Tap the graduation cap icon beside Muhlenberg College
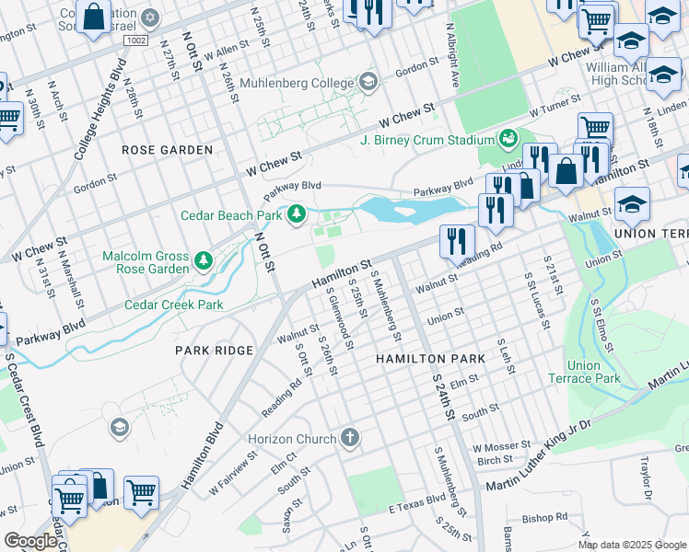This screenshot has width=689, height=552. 368,83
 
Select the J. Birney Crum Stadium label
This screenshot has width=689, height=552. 427,140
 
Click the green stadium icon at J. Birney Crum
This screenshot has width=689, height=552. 508,139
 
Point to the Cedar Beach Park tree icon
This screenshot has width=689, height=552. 297,215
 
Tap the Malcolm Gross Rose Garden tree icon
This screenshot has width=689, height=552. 204,262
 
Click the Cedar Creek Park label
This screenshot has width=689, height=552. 174,305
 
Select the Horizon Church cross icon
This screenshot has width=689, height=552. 349,438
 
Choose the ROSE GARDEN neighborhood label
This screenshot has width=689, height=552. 168,149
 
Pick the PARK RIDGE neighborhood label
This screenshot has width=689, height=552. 215,351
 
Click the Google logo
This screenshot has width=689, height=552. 30,541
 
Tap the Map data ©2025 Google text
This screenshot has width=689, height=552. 631,545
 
